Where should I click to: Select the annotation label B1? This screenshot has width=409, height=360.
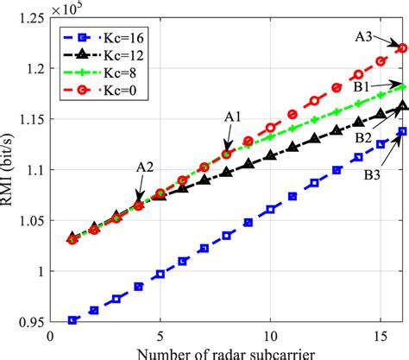361,87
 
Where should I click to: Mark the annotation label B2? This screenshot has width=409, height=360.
363,138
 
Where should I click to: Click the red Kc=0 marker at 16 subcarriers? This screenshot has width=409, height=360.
402,48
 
